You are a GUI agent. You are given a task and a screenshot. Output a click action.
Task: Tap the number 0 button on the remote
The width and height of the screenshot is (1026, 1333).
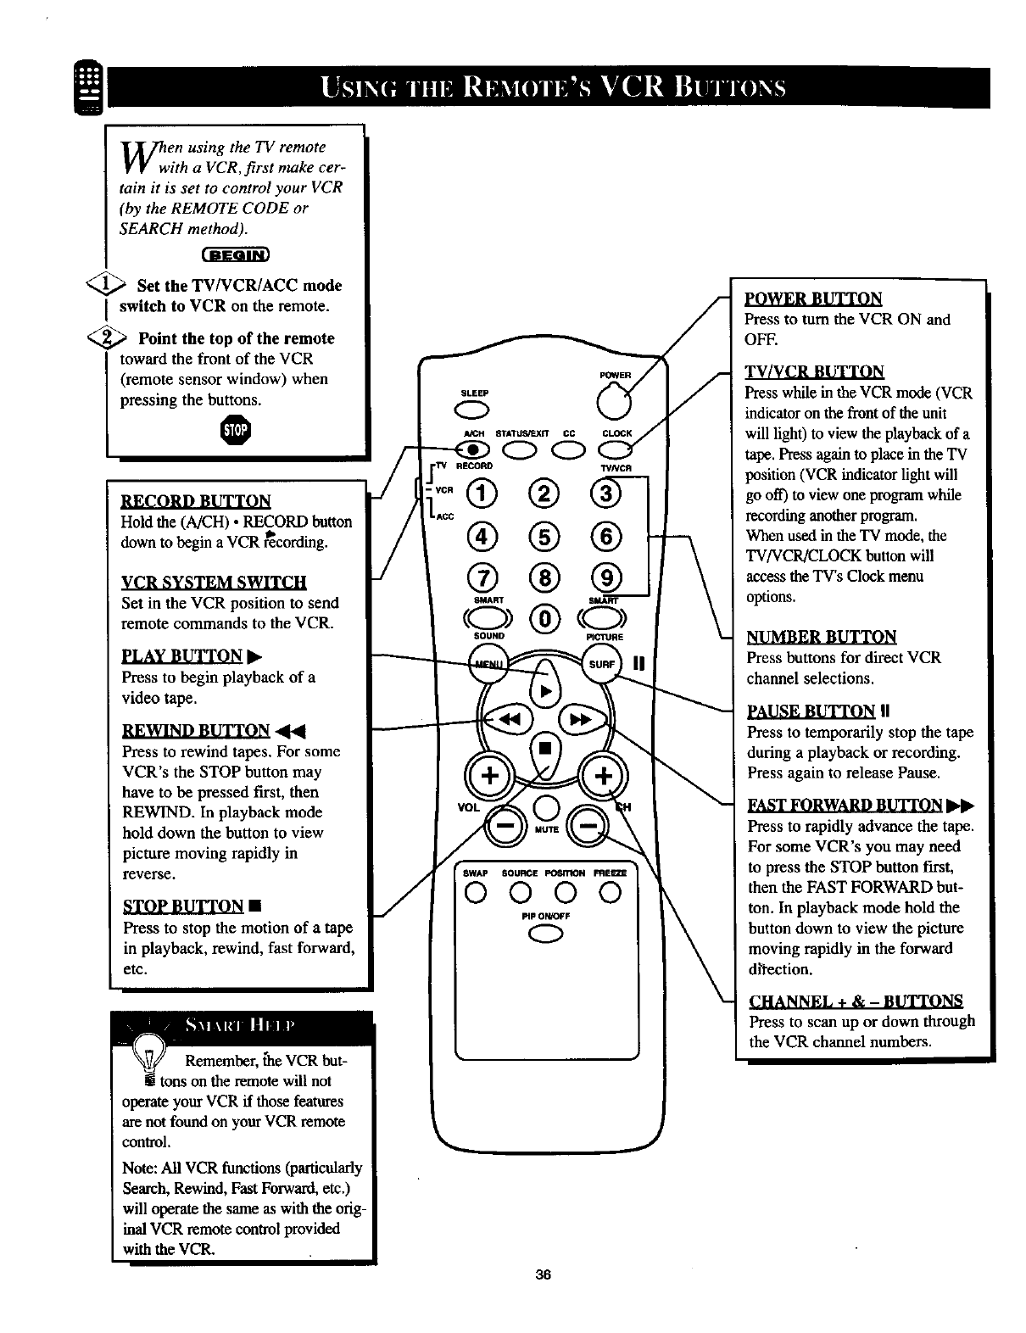[x=544, y=619]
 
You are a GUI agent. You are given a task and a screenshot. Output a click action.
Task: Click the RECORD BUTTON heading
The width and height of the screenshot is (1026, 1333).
[x=196, y=500]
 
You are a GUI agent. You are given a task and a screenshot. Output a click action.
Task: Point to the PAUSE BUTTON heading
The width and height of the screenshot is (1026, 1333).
[x=811, y=711]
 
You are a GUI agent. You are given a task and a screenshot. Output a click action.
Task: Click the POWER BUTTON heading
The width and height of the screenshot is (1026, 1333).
[x=813, y=298]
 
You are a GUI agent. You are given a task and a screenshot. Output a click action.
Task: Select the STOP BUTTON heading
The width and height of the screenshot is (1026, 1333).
[x=183, y=906]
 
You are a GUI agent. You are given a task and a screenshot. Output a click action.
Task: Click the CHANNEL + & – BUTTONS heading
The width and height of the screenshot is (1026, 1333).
[x=856, y=1000]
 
